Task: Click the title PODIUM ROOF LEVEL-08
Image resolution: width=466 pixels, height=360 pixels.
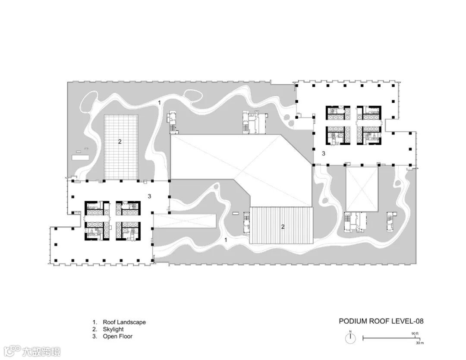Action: pyautogui.click(x=381, y=321)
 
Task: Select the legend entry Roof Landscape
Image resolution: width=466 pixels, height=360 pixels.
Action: pyautogui.click(x=124, y=322)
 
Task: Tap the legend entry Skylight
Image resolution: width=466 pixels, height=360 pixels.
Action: pyautogui.click(x=113, y=329)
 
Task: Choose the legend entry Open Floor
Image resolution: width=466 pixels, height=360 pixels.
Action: pyautogui.click(x=118, y=337)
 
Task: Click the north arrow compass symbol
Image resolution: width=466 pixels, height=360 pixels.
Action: pyautogui.click(x=350, y=338)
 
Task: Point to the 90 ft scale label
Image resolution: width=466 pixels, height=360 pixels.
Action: pyautogui.click(x=415, y=334)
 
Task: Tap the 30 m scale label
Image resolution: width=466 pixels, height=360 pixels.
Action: pyautogui.click(x=420, y=343)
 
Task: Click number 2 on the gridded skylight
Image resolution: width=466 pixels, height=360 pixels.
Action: pyautogui.click(x=120, y=142)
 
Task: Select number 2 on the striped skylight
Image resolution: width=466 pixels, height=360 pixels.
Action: pyautogui.click(x=283, y=227)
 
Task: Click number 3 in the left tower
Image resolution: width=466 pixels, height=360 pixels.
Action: pyautogui.click(x=149, y=196)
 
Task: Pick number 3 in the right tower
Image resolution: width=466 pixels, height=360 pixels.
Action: pyautogui.click(x=324, y=154)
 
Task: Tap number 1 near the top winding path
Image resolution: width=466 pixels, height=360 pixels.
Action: pyautogui.click(x=159, y=103)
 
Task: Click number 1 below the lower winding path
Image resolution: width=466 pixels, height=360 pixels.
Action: pyautogui.click(x=226, y=240)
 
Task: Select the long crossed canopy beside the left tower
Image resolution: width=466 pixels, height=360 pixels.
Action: pyautogui.click(x=184, y=221)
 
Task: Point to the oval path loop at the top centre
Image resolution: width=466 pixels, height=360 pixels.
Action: pyautogui.click(x=193, y=95)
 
